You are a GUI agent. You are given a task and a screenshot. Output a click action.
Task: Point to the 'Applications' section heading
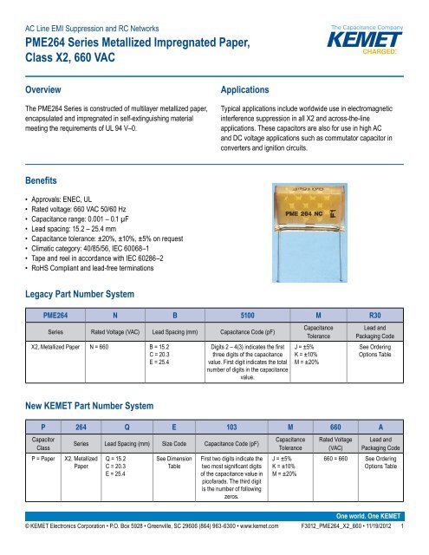coord(251,89)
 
